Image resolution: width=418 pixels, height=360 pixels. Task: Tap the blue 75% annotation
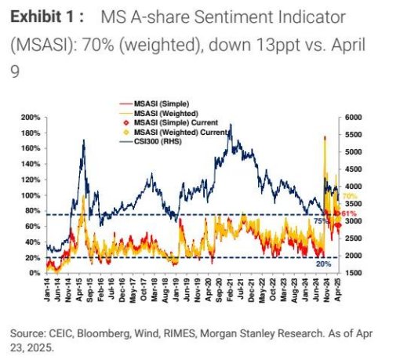[x=320, y=221]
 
